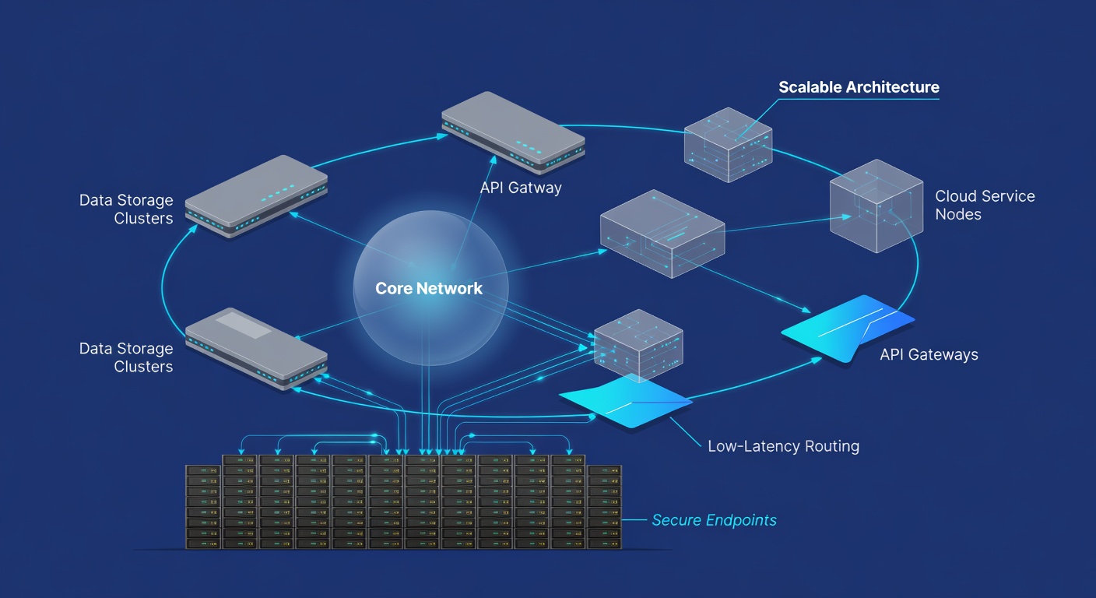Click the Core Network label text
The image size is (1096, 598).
pos(429,288)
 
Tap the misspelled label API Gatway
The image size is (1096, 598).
pos(521,188)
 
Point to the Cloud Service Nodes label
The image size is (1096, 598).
pos(985,205)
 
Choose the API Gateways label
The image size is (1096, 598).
pos(929,354)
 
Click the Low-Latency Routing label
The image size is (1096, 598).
pos(783,446)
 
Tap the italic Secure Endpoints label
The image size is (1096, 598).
pos(714,519)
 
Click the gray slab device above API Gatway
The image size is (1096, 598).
pos(513,132)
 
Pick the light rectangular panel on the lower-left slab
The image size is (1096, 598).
pos(243,325)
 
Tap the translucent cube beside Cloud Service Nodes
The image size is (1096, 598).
pos(876,206)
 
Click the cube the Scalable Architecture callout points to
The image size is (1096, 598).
pos(728,145)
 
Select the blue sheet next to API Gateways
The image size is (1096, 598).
pos(848,329)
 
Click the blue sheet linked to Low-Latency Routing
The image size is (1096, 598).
pos(626,401)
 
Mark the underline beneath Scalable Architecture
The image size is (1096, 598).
pos(859,99)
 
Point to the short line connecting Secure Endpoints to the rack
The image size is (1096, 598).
pos(634,519)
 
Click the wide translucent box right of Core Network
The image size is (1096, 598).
pos(662,234)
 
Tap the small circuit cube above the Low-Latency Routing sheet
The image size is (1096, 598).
pos(638,346)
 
